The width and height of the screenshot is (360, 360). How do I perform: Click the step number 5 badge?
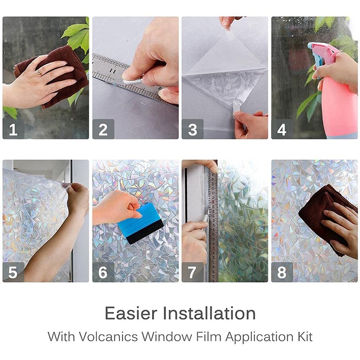click(x=13, y=272)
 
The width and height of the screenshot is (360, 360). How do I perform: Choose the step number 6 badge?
click(x=103, y=272)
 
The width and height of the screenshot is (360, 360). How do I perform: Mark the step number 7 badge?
click(x=193, y=272)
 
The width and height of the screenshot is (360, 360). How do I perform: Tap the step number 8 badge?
click(x=282, y=272)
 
